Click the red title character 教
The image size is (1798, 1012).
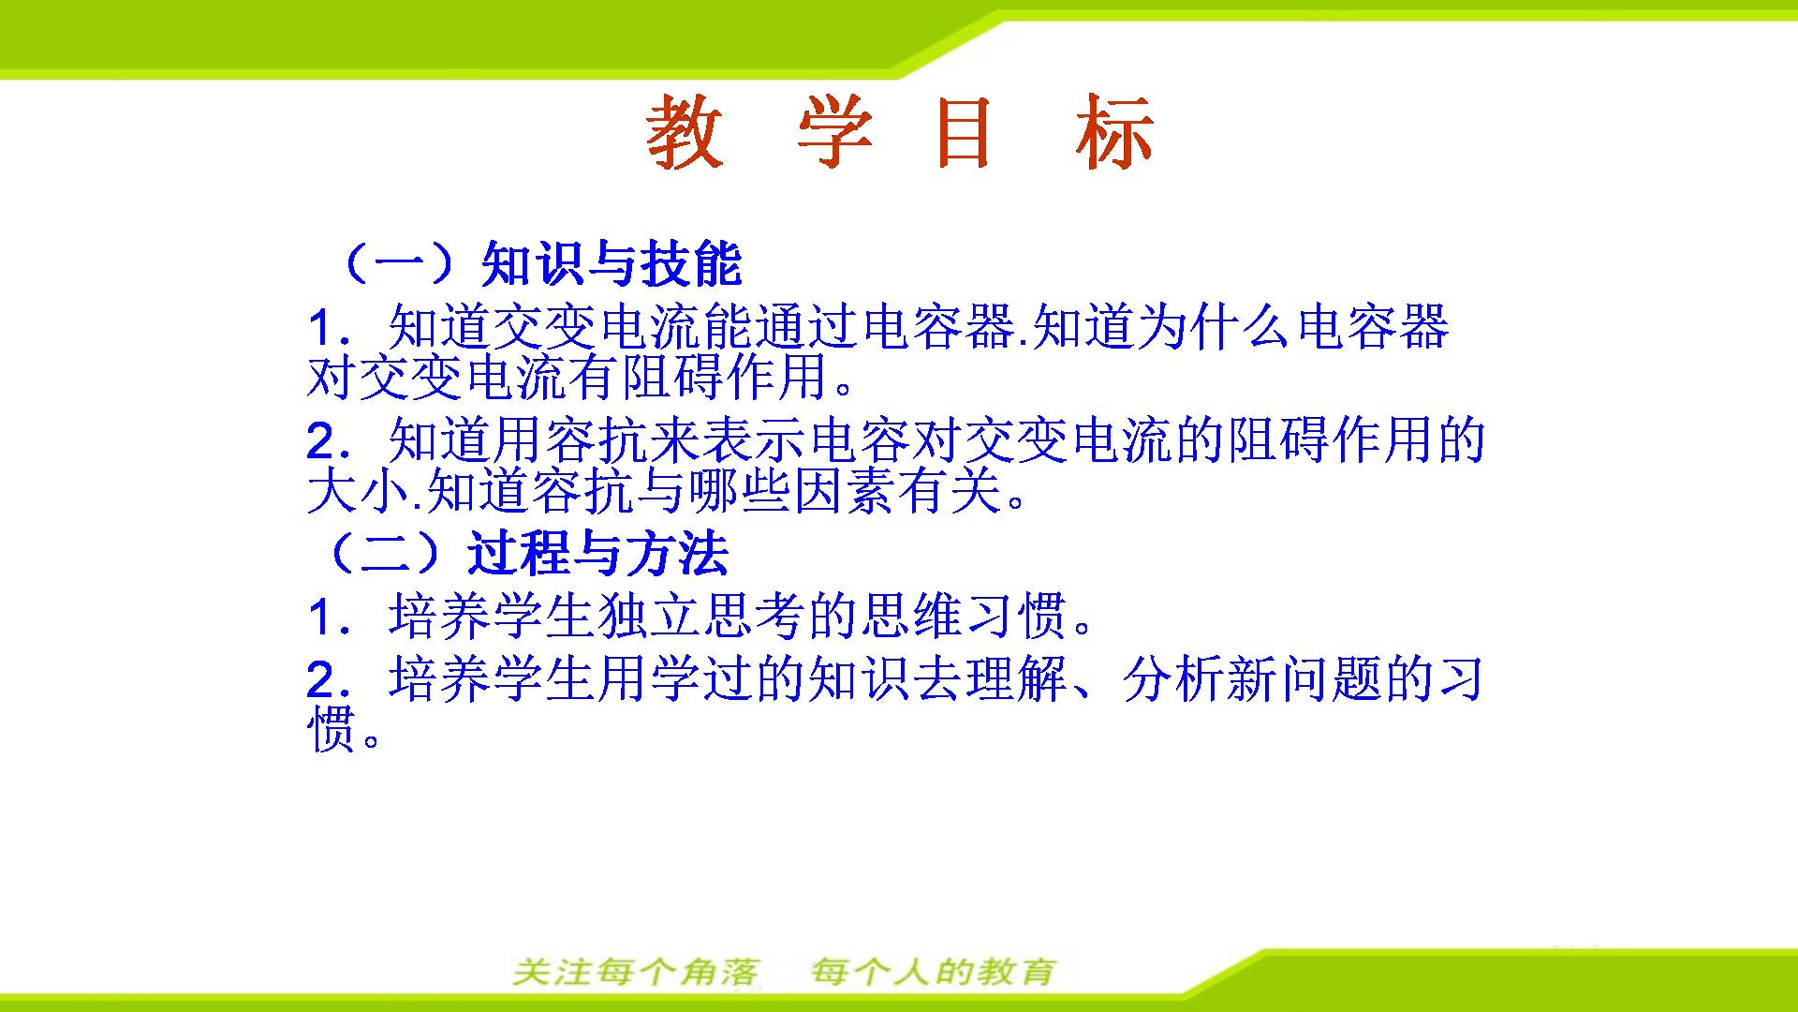tap(685, 132)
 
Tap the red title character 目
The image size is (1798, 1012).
tap(964, 132)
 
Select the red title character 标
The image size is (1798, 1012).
tap(1114, 132)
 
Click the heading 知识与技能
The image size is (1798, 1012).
tap(612, 263)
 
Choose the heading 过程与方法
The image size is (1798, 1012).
tap(598, 553)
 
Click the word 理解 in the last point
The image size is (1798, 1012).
tap(1017, 678)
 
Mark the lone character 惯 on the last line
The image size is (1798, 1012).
tap(332, 728)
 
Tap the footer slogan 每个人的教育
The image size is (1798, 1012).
tap(934, 973)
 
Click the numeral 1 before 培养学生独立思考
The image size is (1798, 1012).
tap(320, 618)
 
